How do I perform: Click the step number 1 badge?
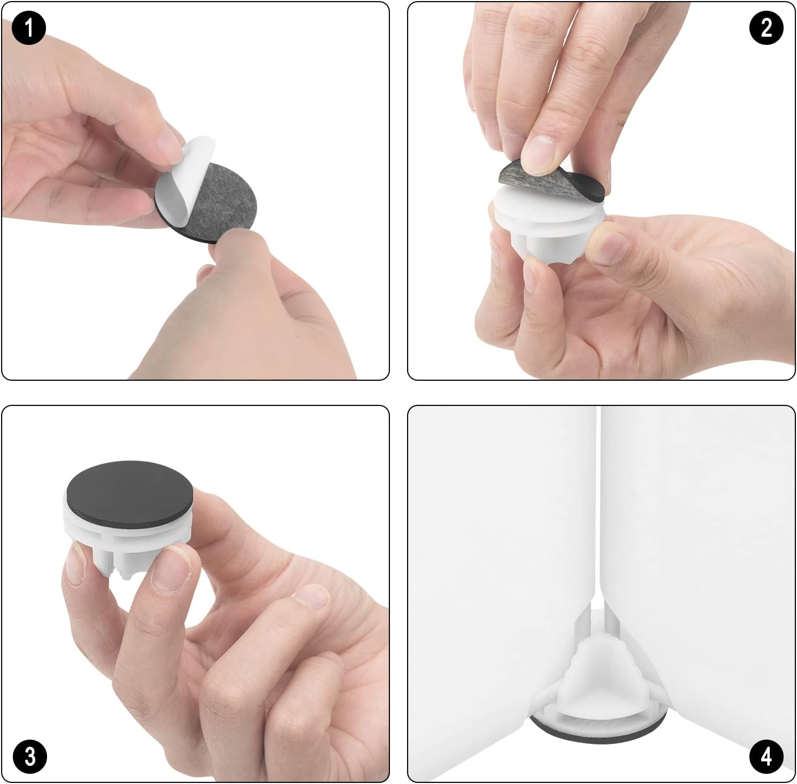click(29, 27)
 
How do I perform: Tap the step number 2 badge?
click(767, 27)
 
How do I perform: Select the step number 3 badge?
click(29, 757)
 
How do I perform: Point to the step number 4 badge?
click(767, 757)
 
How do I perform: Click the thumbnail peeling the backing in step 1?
click(169, 145)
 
